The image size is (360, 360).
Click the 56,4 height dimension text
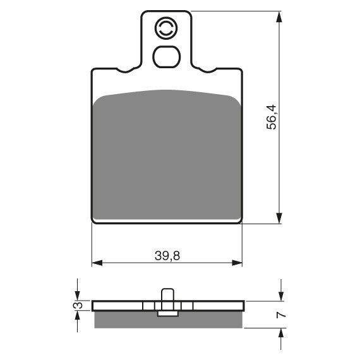click(272, 117)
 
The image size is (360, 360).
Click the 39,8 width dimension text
click(167, 256)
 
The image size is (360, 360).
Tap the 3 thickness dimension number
click(78, 305)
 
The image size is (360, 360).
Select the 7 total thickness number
click(281, 315)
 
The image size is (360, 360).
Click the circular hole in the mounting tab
click(166, 28)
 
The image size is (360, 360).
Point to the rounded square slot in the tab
click(167, 57)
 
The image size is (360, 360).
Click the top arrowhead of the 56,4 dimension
click(279, 17)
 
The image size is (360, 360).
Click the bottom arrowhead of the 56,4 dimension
click(279, 218)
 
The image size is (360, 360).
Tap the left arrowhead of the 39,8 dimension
click(97, 263)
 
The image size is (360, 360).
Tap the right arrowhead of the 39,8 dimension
click(237, 263)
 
